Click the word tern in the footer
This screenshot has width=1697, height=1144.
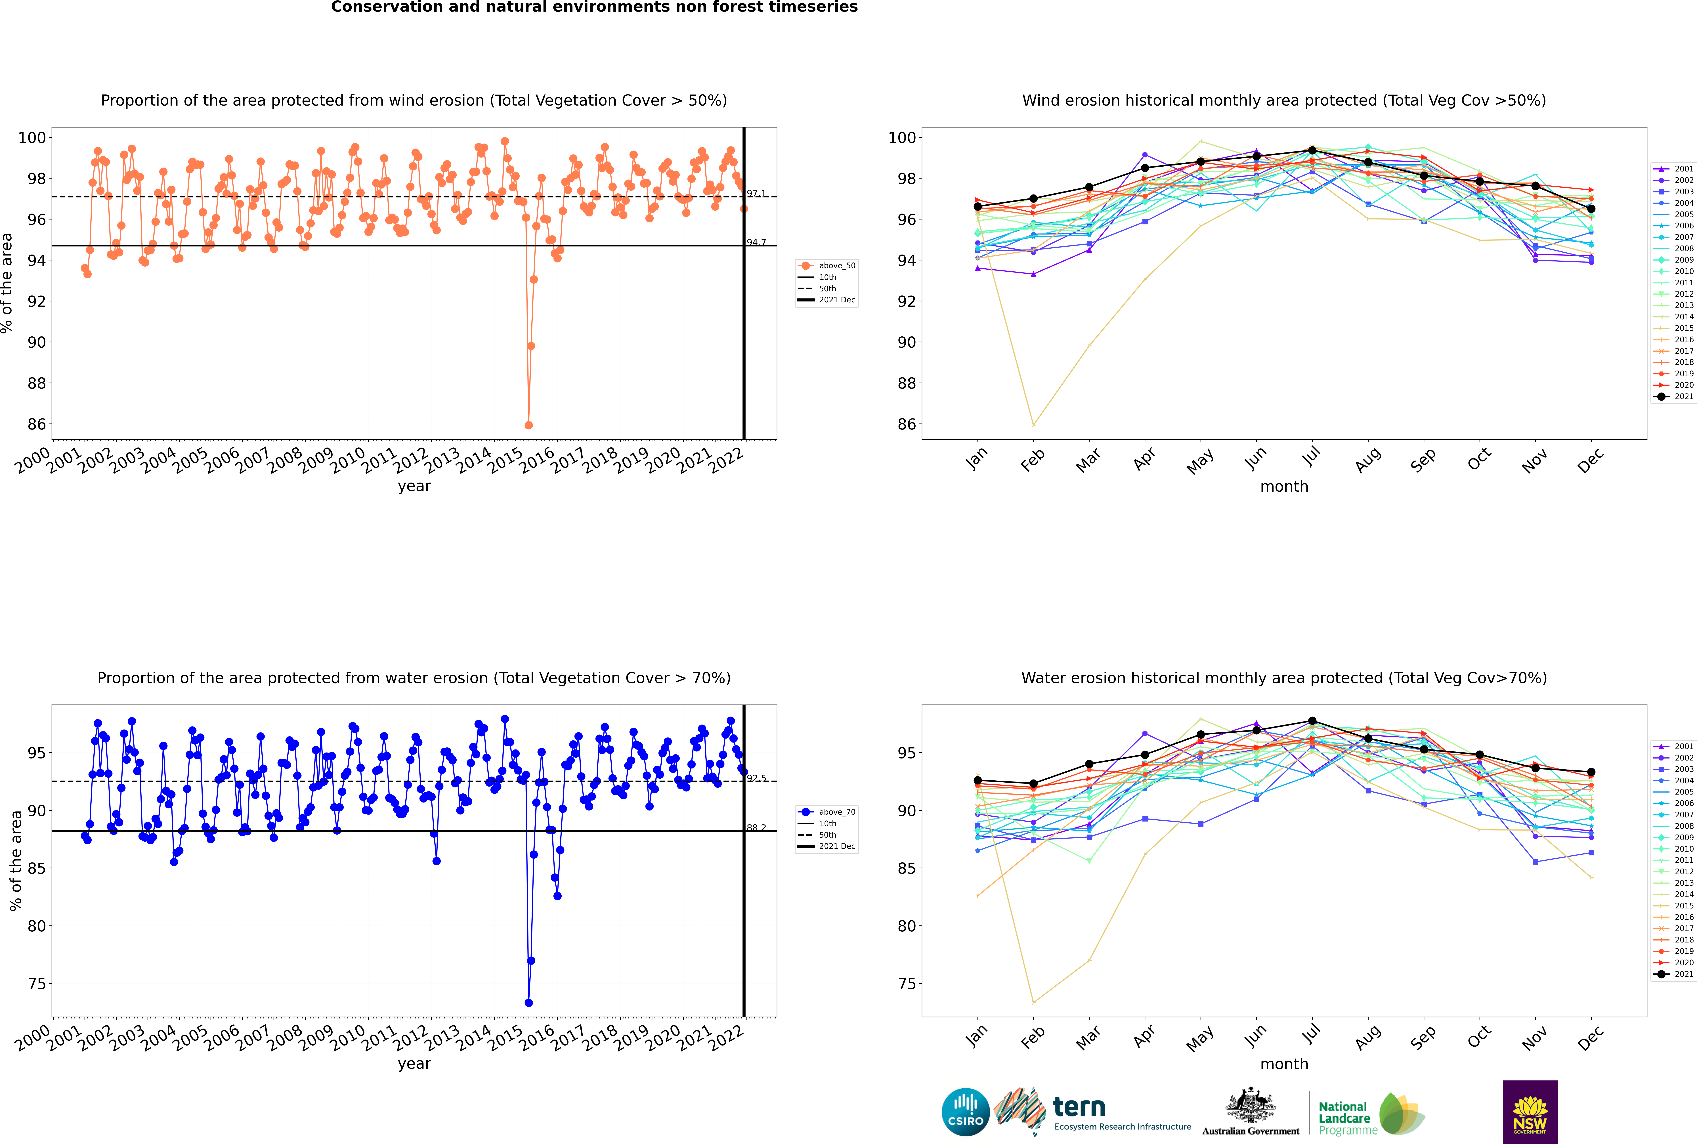[1079, 1108]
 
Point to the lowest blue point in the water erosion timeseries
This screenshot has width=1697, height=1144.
[528, 1002]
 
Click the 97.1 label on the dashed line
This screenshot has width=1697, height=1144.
[756, 193]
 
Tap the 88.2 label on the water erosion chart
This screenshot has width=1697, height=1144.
[756, 827]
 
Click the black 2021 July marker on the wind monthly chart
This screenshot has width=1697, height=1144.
[1312, 150]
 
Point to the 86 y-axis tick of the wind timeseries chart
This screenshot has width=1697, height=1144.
[36, 424]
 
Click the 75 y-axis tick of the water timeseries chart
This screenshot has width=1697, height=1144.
[36, 984]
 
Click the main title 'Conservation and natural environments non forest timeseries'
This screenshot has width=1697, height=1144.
[594, 7]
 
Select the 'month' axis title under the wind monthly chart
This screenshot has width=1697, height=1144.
[1284, 487]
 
